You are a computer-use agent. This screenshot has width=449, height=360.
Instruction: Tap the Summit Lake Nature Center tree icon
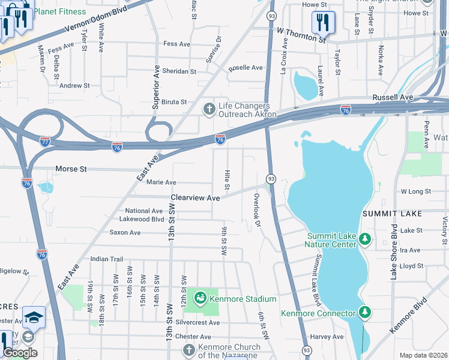coord(365,240)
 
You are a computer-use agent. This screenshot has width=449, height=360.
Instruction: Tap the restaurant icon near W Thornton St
coord(323,23)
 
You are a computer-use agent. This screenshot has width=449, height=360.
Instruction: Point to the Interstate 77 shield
coord(45,142)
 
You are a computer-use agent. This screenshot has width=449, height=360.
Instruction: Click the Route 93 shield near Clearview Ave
coord(271,179)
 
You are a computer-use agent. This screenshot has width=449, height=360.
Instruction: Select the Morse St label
coord(71,169)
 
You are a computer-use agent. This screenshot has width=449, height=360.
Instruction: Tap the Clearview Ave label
coord(195,197)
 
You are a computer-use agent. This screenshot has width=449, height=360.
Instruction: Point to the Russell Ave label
coord(393,97)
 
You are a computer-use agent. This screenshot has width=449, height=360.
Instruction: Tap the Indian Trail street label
coord(106,259)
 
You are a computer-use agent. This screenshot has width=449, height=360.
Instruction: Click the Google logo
coord(20,353)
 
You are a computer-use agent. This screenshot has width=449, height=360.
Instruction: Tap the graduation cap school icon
coord(34,317)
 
